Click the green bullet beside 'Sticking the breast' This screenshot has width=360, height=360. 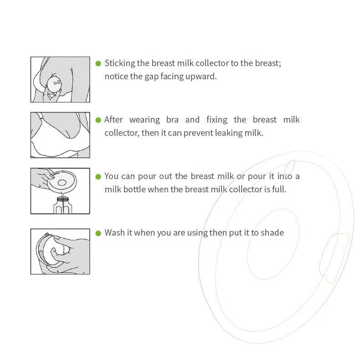98,63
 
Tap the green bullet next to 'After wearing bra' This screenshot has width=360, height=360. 98,120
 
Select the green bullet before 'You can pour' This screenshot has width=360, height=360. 98,176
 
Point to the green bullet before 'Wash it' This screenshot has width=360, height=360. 98,233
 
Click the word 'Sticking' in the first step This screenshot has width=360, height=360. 119,63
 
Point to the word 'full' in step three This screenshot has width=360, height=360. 278,189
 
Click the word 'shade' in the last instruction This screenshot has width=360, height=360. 273,233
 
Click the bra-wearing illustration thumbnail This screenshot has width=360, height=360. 60,135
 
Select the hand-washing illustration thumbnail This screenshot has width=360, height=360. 60,252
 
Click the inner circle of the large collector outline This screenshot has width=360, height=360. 273,245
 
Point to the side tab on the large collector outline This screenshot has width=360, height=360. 334,257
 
